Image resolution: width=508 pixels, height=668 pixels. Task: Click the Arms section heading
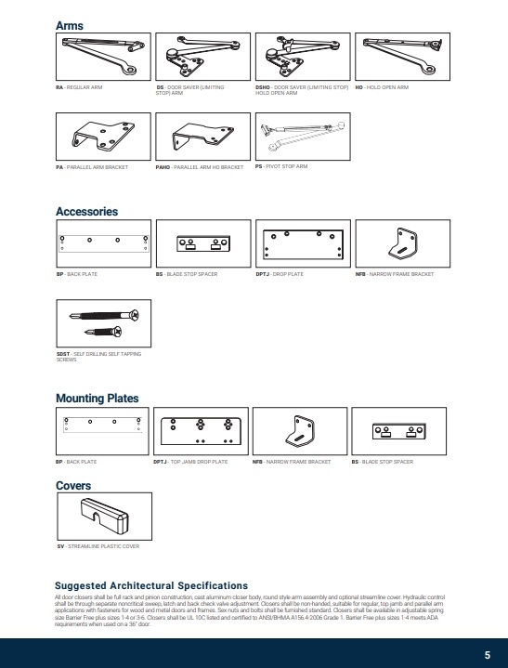70,25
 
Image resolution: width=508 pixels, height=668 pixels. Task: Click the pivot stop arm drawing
303,137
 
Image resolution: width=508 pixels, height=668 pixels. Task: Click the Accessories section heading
87,212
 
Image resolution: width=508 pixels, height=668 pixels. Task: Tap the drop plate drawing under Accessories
303,244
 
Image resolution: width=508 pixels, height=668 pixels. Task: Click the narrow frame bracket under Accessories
402,244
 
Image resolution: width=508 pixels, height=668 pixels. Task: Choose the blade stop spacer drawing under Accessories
202,244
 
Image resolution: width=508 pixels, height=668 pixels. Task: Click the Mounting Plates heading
97,399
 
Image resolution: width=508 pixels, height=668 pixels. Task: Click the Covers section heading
73,486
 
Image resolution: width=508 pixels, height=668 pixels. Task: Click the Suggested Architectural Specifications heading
152,585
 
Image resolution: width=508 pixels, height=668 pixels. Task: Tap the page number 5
487,653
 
